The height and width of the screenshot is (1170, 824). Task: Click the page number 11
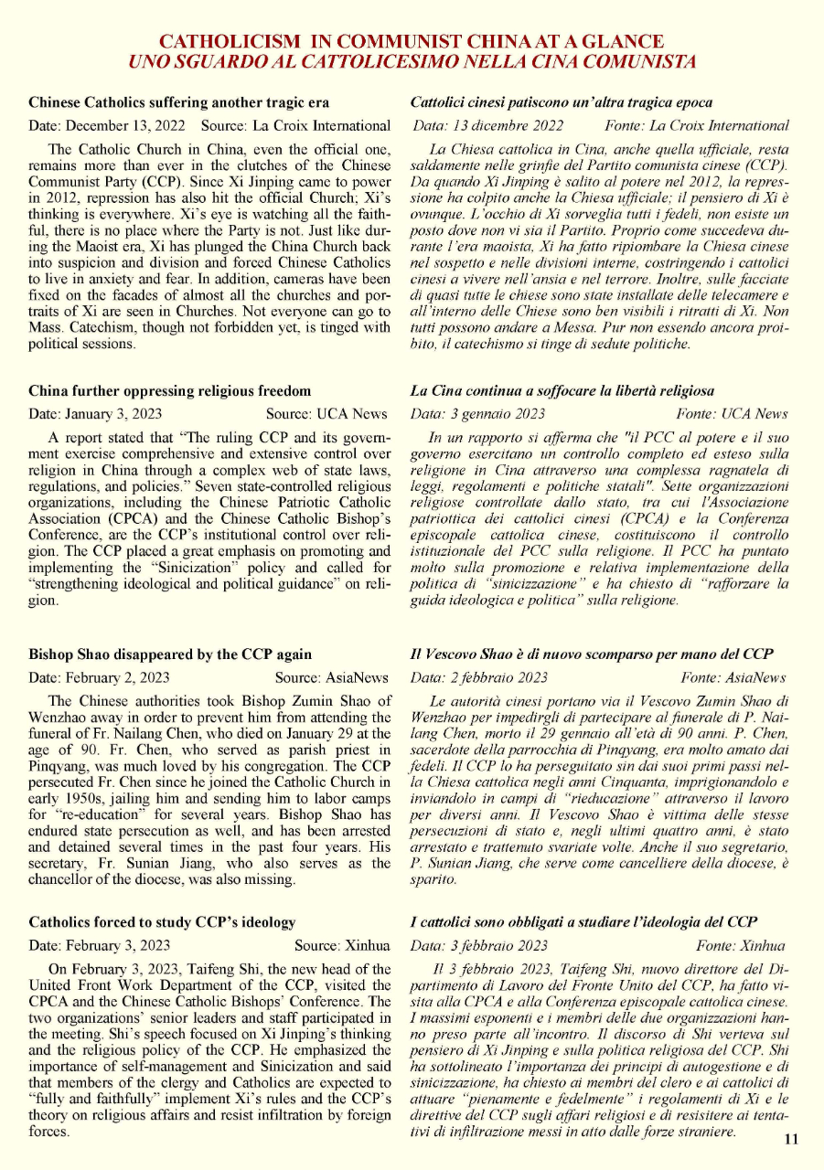coord(791,1139)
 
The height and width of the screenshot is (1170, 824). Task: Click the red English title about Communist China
coord(412,42)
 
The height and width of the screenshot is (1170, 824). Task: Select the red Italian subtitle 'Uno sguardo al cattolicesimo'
coord(412,62)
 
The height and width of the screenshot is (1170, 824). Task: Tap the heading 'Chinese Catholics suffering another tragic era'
coord(179,102)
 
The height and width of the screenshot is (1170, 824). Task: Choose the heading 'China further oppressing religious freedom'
coord(170,391)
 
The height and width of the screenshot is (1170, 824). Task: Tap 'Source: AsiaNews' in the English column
coord(333,677)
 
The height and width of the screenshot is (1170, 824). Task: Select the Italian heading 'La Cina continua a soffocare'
coord(562,391)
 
